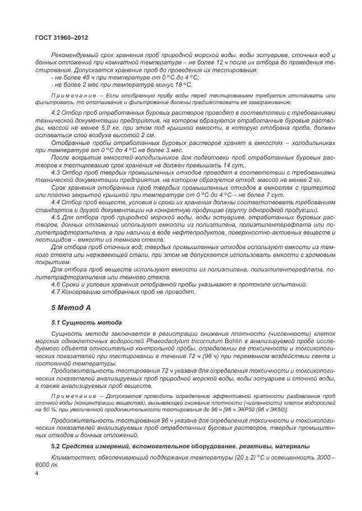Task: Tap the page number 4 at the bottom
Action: [36, 474]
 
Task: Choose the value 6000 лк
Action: [47, 465]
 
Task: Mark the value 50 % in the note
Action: [44, 409]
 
